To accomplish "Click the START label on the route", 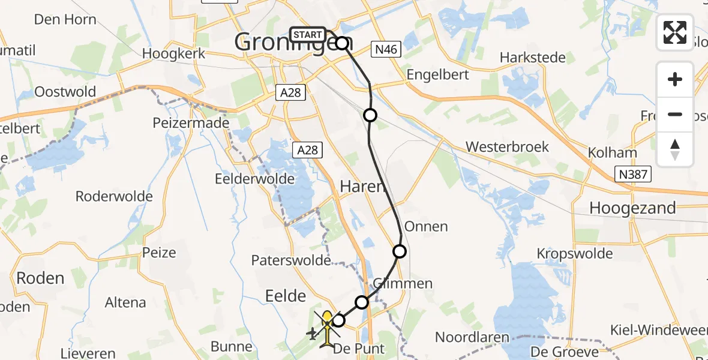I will pos(308,35).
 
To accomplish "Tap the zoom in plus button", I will pos(675,80).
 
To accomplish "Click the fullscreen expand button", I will pos(675,32).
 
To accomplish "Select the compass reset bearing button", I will pos(675,149).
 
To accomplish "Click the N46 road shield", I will pos(385,50).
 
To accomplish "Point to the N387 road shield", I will pos(634,175).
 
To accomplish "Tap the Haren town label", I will pos(362,187).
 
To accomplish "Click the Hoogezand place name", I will pos(632,208).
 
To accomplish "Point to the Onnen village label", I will pos(426,226).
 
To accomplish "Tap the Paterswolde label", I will pos(290,260).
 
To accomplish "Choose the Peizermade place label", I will pos(191,123).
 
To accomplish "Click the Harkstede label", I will pos(533,58).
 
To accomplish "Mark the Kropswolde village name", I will pos(575,253).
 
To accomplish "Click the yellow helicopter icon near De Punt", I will pos(327,327).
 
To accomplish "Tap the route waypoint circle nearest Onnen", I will pos(399,251).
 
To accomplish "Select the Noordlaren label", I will pos(472,337).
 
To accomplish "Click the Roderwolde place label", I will pos(114,196).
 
